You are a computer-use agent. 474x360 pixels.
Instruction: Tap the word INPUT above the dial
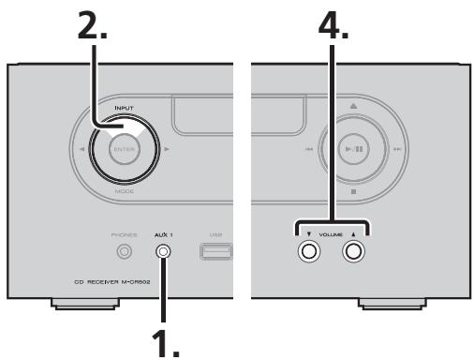pos(125,109)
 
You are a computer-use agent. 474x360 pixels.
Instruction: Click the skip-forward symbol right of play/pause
pos(398,149)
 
